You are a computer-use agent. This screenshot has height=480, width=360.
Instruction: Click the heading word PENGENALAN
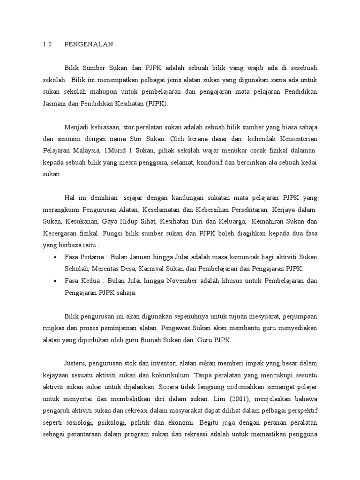click(x=89, y=45)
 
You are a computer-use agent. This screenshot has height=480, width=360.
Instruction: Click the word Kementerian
click(x=299, y=138)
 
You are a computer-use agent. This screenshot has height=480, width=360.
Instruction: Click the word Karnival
click(x=153, y=269)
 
